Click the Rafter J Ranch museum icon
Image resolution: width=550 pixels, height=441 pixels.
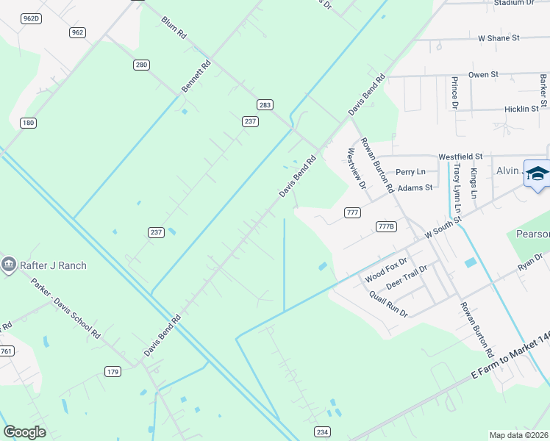(x=9, y=265)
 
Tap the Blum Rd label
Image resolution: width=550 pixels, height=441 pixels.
(x=173, y=29)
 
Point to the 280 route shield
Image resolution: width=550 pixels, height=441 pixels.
(x=142, y=65)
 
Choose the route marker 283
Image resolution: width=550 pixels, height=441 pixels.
(x=265, y=105)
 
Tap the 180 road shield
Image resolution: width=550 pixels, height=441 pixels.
(x=28, y=123)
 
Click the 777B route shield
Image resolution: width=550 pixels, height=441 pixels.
(x=386, y=226)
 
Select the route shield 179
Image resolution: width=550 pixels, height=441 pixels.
(x=113, y=371)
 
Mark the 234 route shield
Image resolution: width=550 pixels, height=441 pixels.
(x=321, y=431)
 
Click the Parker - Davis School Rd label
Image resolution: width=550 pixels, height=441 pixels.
(x=65, y=307)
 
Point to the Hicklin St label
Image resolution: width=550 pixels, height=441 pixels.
(x=521, y=109)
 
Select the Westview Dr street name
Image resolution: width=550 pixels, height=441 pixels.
(x=356, y=168)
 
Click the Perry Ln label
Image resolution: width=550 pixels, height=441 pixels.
(x=410, y=172)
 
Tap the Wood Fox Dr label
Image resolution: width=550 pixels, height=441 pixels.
(x=385, y=271)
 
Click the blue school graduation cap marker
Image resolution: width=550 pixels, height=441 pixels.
(x=537, y=175)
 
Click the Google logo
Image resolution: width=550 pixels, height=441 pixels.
(x=24, y=432)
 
